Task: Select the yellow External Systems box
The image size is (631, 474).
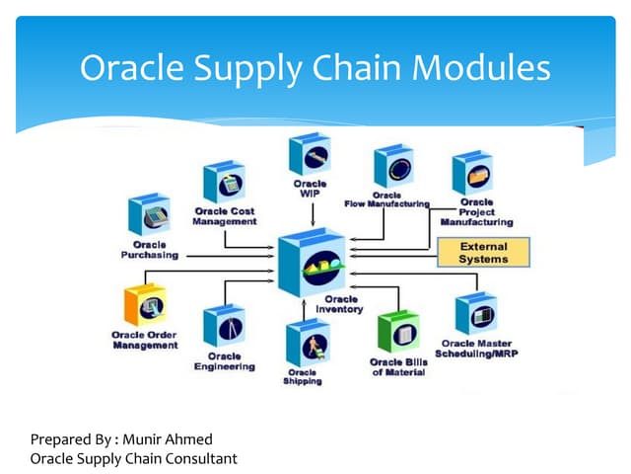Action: click(483, 253)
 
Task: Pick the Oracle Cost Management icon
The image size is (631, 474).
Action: click(224, 183)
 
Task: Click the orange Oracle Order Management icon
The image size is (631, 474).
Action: click(145, 306)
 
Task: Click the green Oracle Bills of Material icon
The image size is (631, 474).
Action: click(399, 332)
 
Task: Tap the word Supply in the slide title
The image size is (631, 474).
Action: click(249, 70)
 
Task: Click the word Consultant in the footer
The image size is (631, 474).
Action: click(201, 458)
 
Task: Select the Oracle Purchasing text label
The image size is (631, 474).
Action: click(150, 249)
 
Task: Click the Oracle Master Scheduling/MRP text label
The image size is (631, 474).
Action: click(476, 349)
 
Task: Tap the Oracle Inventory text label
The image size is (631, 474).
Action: click(339, 303)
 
